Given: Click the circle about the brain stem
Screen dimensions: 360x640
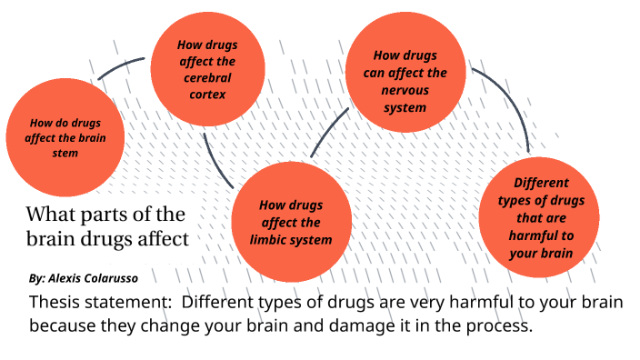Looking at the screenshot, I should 65,138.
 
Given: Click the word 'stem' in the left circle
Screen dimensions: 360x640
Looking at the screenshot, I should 65,153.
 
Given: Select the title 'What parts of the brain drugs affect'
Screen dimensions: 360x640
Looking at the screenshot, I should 107,227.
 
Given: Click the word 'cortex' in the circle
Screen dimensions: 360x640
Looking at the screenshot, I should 207,93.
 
